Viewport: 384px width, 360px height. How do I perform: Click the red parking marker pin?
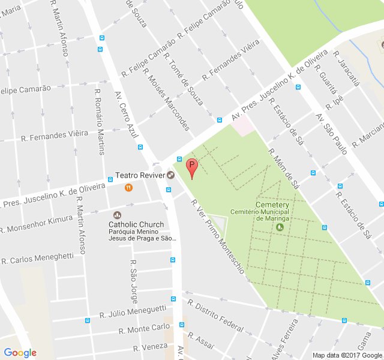(x=192, y=167)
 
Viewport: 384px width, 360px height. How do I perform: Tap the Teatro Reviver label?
(x=140, y=176)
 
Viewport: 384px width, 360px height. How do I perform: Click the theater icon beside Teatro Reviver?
(x=171, y=176)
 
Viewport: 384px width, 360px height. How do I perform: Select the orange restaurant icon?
(x=128, y=188)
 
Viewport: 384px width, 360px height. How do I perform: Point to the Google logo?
(x=20, y=353)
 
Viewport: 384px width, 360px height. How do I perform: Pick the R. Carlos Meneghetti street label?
(x=37, y=259)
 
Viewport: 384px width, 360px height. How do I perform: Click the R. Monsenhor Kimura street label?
(x=40, y=224)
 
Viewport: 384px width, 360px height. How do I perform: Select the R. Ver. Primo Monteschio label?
(x=217, y=236)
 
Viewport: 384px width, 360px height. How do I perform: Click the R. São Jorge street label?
(x=134, y=283)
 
